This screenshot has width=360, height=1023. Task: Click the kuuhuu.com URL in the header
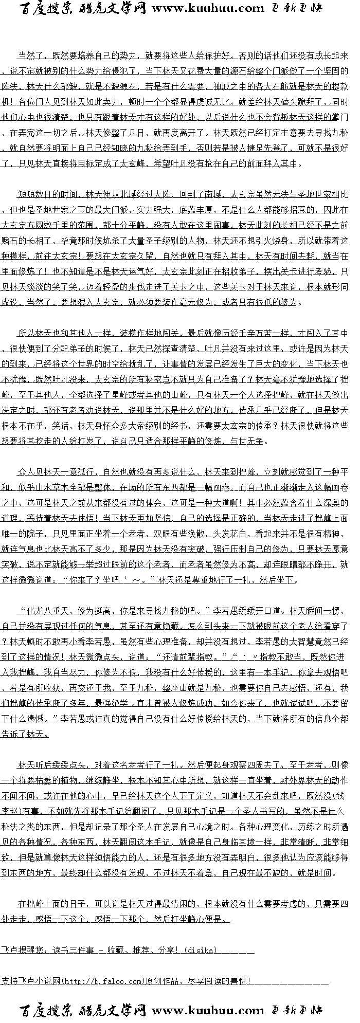pos(208,8)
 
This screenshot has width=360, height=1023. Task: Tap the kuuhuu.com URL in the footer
pos(208,1010)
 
